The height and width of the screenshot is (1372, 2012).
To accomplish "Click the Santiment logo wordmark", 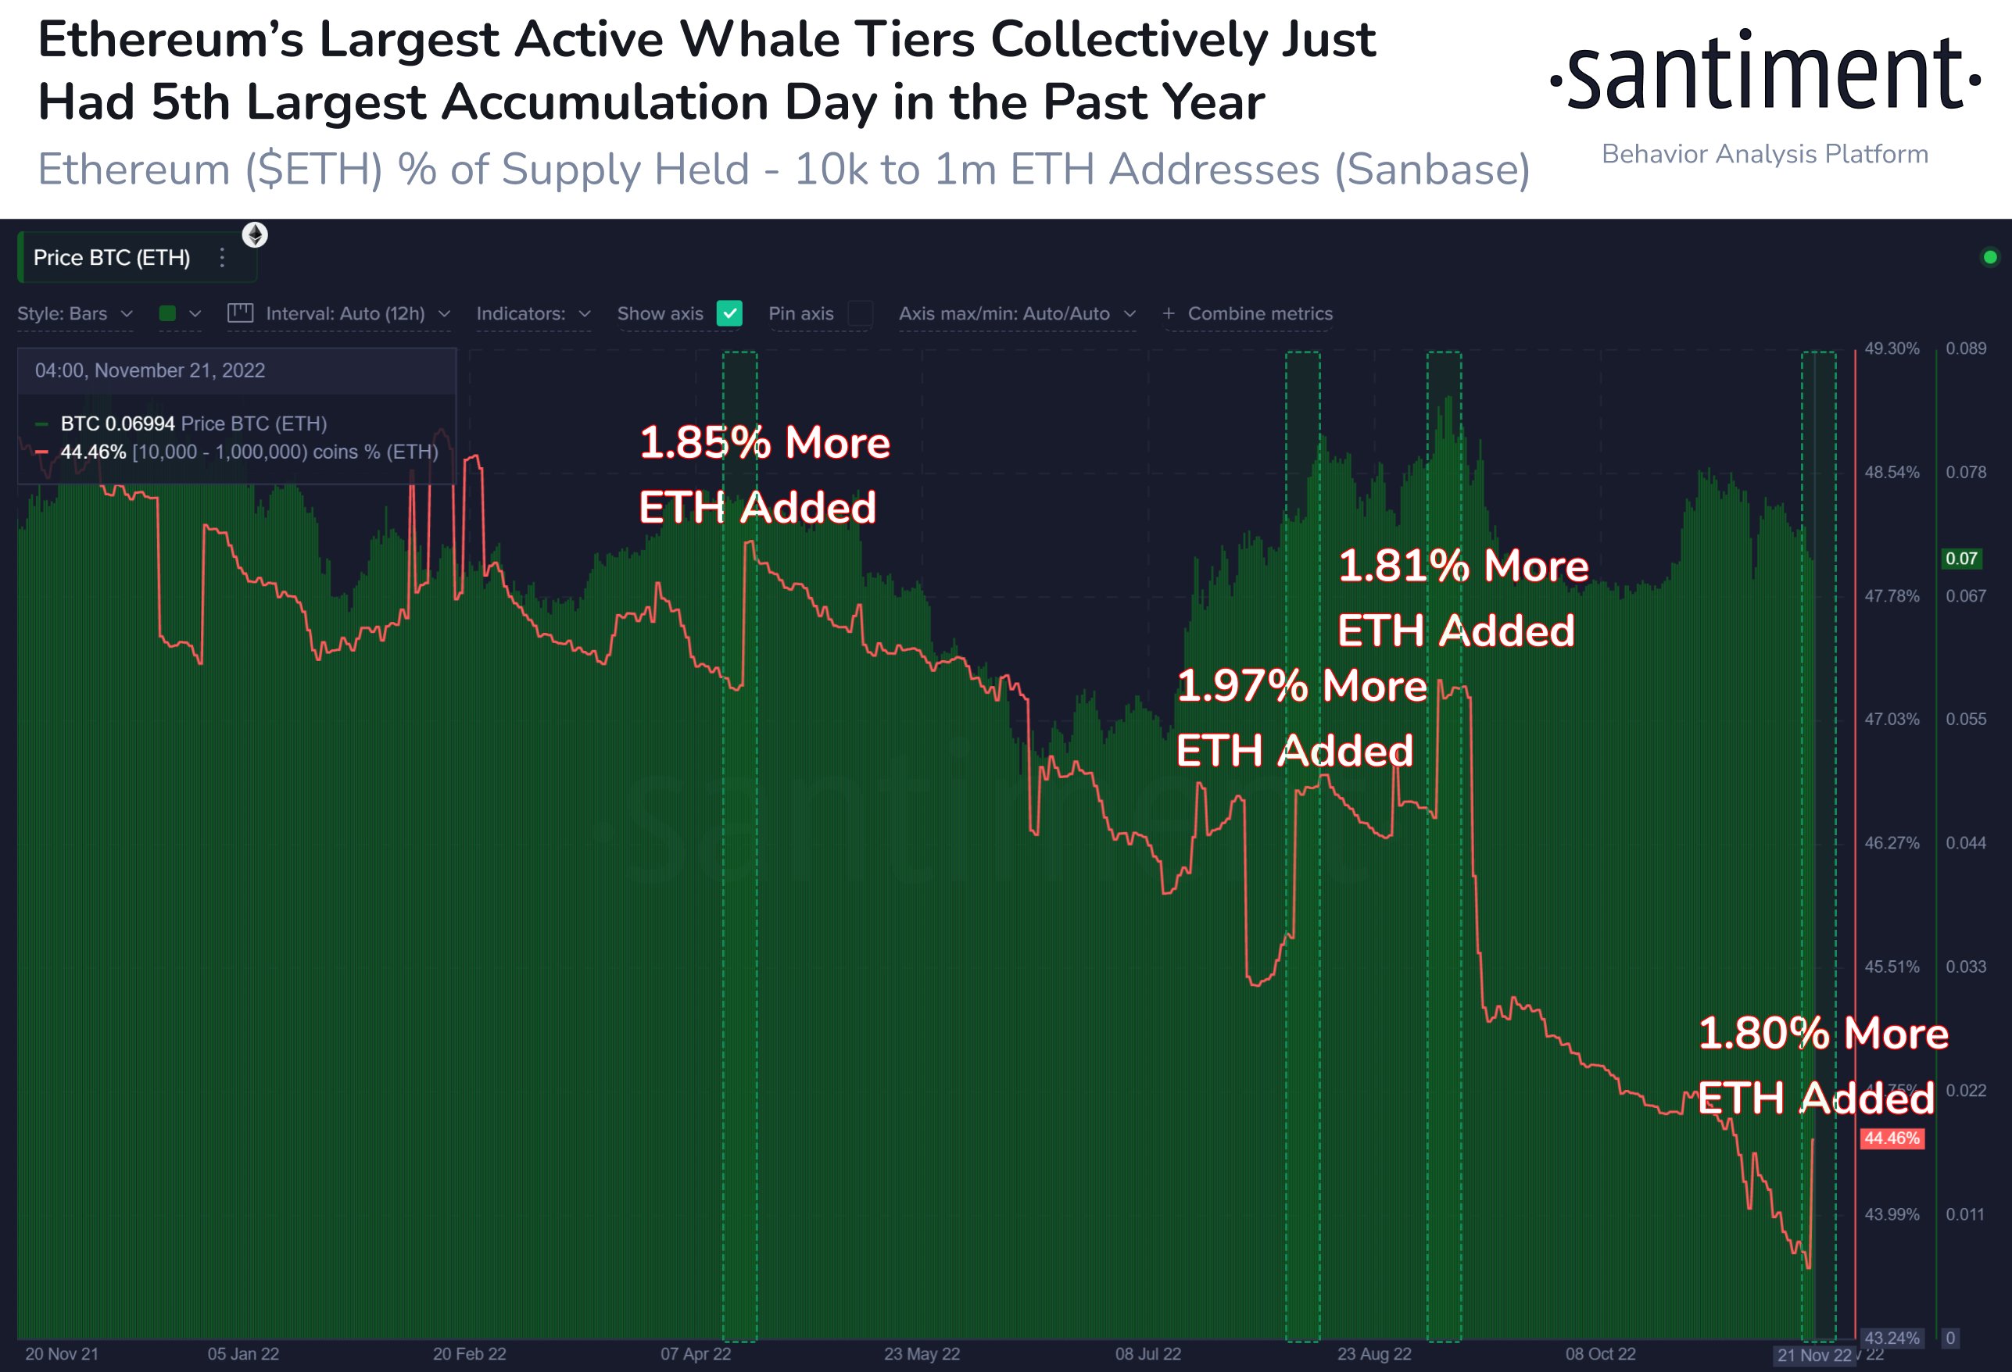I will [x=1764, y=73].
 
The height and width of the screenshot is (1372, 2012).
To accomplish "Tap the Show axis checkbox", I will [x=729, y=313].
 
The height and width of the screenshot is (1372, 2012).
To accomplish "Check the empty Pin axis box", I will [x=861, y=313].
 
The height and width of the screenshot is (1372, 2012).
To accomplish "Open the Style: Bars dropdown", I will [x=74, y=313].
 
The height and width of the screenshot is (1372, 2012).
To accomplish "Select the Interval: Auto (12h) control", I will [x=338, y=313].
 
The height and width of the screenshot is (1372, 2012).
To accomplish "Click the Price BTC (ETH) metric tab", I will [x=112, y=258].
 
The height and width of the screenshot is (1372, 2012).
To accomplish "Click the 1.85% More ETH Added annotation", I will [x=764, y=474].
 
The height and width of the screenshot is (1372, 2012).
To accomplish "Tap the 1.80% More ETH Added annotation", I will [x=1821, y=1066].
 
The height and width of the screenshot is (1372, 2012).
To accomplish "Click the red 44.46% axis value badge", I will [x=1892, y=1138].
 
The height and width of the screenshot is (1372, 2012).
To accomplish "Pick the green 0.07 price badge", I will [x=1961, y=559].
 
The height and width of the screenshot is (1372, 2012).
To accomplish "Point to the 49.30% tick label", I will [x=1892, y=348].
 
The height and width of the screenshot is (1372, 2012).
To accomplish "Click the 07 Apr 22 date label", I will [x=695, y=1354].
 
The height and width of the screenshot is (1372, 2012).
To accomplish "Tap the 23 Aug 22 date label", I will [x=1374, y=1354].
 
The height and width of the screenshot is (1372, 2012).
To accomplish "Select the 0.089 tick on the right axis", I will [x=1966, y=348].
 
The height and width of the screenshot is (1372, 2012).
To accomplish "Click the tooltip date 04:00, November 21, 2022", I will [x=150, y=370].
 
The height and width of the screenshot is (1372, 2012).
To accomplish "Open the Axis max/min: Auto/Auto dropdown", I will [x=1016, y=313].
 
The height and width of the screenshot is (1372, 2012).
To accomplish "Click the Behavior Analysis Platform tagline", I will [x=1764, y=154].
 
